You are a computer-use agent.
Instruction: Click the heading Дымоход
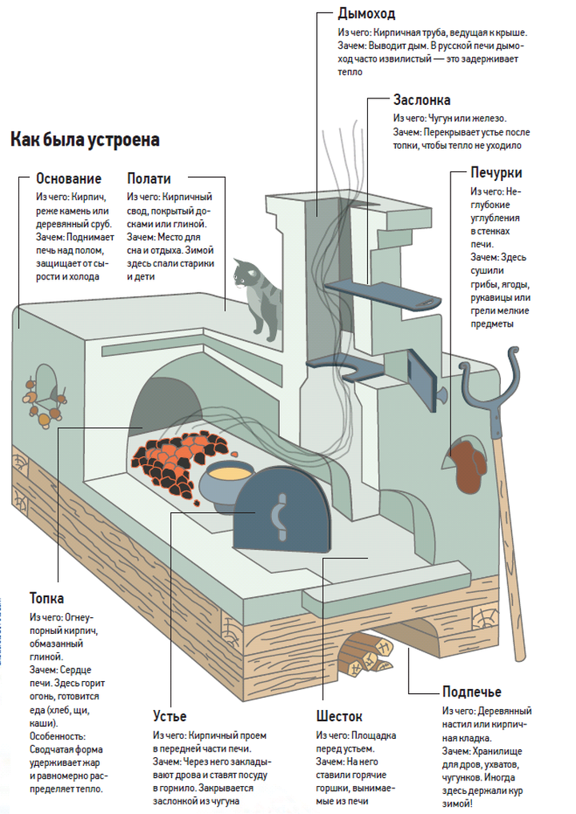click(x=366, y=14)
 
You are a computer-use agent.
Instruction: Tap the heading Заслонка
click(x=422, y=100)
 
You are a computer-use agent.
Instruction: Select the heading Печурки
click(x=497, y=172)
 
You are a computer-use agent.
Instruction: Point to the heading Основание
click(x=69, y=178)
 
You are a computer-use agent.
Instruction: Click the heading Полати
click(x=149, y=178)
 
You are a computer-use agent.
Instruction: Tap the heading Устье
click(x=170, y=715)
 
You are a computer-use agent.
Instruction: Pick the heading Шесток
click(x=338, y=715)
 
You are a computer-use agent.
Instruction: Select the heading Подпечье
click(x=472, y=692)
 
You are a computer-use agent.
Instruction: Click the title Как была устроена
click(x=85, y=140)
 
